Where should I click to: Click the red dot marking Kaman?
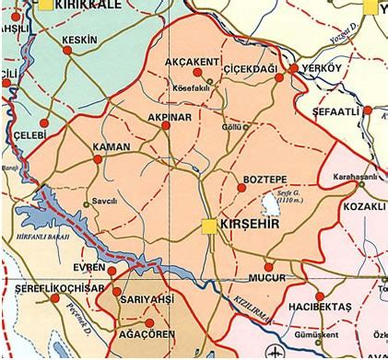98,159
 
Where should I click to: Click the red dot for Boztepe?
241,187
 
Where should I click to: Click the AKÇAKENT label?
192,62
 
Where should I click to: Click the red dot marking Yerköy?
294,68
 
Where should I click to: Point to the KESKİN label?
77,41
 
